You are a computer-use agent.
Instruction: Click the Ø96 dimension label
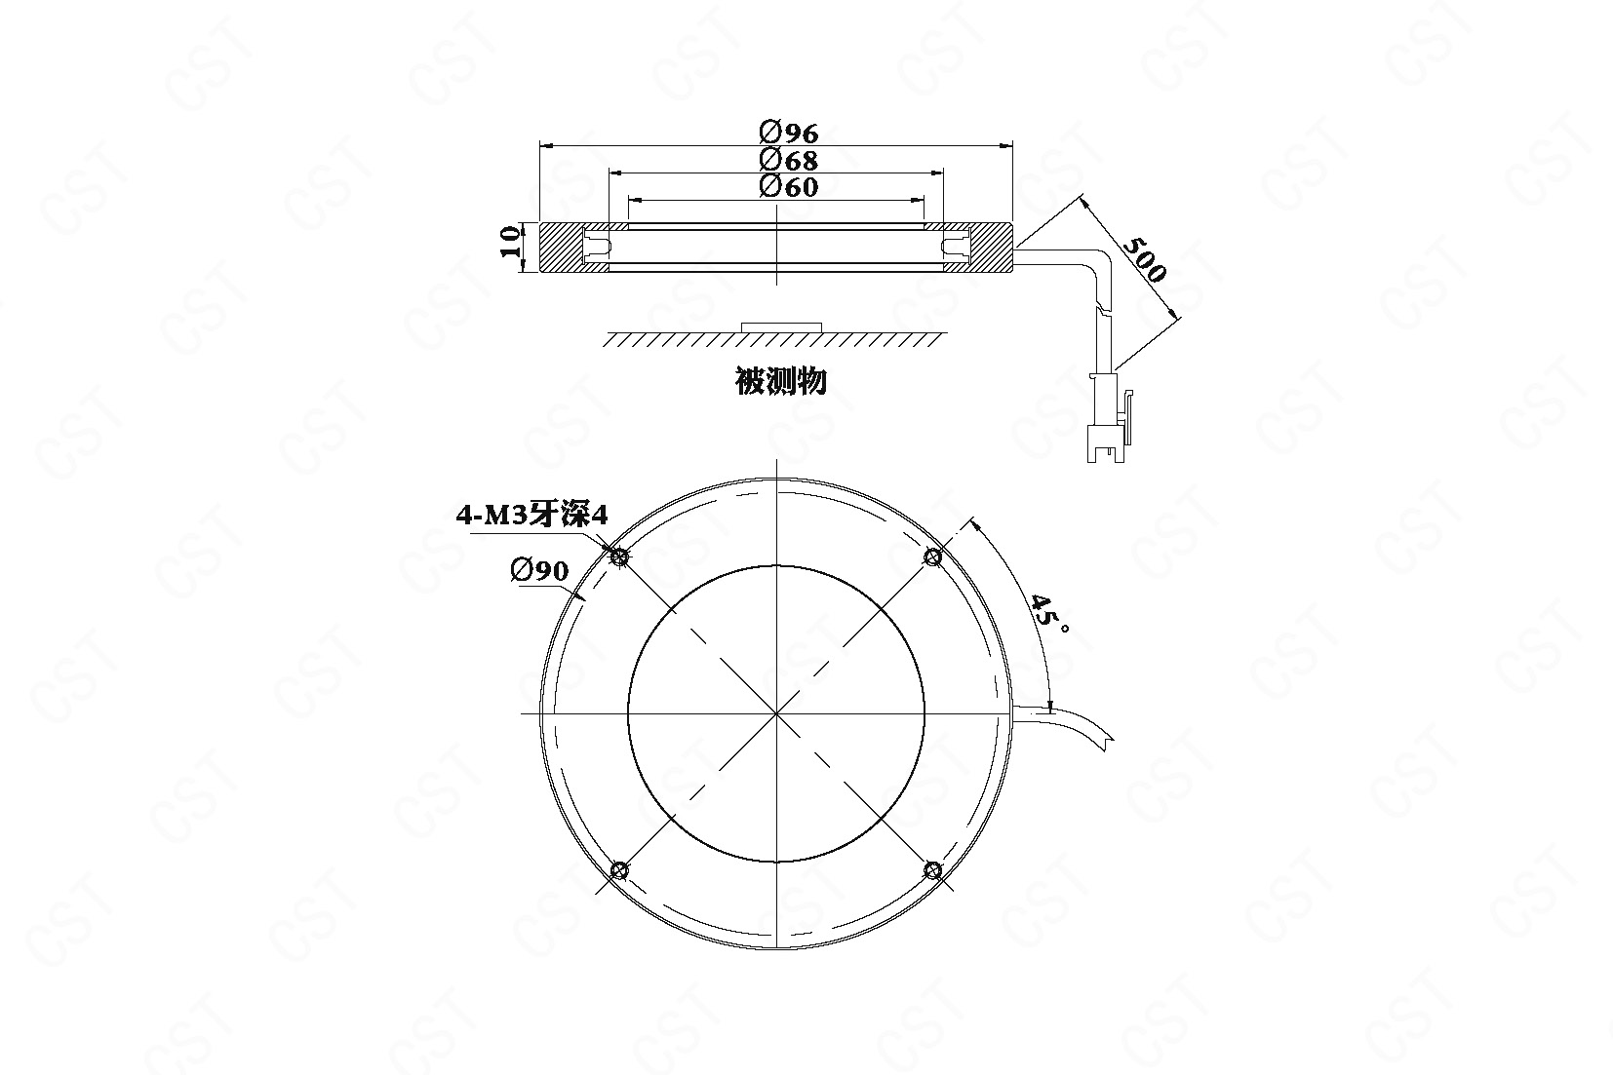coord(789,133)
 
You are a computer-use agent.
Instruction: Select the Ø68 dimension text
coord(789,159)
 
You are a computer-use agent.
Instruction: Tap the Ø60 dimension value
coord(789,186)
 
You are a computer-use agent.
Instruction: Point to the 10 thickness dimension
coord(511,241)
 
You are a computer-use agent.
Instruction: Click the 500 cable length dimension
coord(1144,258)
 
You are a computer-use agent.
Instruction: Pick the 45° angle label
coord(1047,613)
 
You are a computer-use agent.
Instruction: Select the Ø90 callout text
coord(539,570)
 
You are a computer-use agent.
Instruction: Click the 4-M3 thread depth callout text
coord(532,515)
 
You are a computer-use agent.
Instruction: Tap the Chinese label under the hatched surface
coord(780,381)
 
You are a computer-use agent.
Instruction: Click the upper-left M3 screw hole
coord(618,557)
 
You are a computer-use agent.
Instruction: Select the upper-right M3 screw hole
coord(932,557)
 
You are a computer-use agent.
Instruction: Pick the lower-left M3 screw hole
coord(618,870)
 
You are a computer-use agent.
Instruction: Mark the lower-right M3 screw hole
coord(932,870)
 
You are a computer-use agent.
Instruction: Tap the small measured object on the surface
coord(781,327)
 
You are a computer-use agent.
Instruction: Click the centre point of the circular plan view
coord(776,713)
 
